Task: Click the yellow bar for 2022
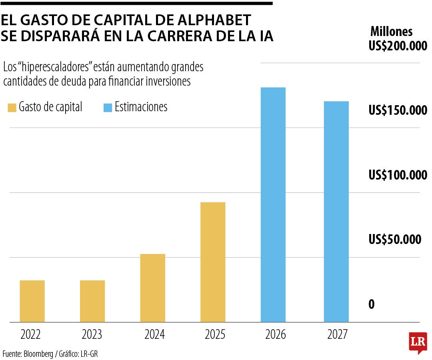[x=32, y=301]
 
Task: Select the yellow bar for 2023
[x=92, y=301]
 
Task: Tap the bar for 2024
[x=153, y=288]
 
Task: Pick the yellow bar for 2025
[x=213, y=262]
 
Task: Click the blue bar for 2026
[x=273, y=204]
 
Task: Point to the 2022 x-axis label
[x=30, y=334]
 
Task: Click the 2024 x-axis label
[x=154, y=334]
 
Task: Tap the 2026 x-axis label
[x=276, y=334]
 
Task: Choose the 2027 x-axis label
[x=338, y=334]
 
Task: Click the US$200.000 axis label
[x=398, y=46]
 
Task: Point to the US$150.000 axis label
[x=398, y=111]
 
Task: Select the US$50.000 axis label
[x=395, y=240]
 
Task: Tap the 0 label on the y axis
[x=371, y=304]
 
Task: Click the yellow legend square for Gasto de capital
[x=12, y=108]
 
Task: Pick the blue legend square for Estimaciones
[x=108, y=108]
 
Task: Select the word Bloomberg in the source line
[x=38, y=354]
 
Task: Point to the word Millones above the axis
[x=391, y=31]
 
